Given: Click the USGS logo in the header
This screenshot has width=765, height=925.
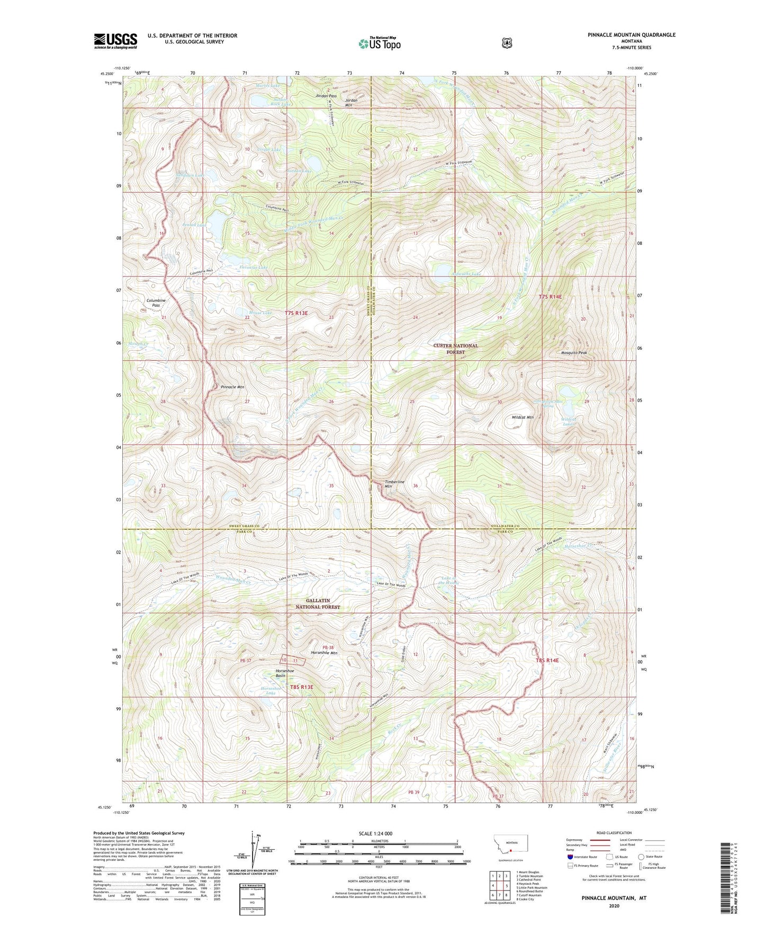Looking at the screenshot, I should (115, 41).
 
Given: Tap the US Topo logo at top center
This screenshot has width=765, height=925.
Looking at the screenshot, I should (379, 43).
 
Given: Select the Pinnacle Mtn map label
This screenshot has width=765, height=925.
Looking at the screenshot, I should (232, 387).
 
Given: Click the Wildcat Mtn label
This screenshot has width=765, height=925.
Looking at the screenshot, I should (522, 417).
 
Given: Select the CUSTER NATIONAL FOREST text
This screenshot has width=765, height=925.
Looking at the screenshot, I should (455, 349).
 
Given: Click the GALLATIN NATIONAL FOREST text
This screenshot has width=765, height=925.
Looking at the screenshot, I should (318, 604).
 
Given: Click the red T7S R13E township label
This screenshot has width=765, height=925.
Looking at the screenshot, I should (296, 314).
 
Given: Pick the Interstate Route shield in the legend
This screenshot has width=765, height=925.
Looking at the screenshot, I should (570, 856).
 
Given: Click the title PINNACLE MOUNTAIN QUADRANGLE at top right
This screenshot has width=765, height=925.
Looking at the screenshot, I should (631, 35).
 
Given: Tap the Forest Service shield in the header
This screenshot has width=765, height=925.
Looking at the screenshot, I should (507, 42).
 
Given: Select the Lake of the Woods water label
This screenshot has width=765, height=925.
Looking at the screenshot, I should (450, 580).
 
